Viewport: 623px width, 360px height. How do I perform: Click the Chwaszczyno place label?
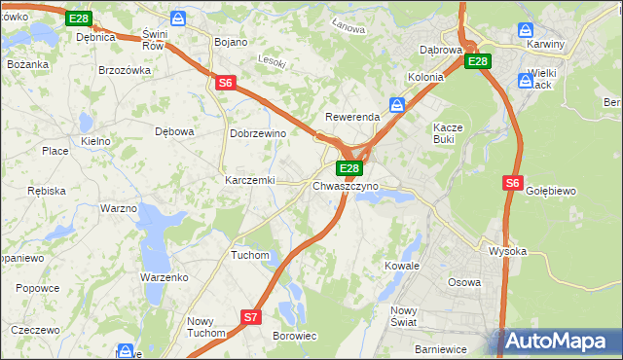(346, 185)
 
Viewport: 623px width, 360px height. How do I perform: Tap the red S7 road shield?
(251, 317)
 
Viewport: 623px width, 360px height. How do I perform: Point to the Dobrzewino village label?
(257, 133)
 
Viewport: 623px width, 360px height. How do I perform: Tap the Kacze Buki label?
(450, 133)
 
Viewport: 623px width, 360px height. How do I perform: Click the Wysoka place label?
(507, 251)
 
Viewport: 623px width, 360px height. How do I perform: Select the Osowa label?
(463, 282)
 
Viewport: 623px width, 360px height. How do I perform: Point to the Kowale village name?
(401, 265)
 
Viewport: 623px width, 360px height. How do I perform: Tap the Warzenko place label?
(164, 277)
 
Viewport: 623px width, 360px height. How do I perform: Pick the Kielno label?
(95, 141)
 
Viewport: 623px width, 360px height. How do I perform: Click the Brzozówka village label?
(126, 70)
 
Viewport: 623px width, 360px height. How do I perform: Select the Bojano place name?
(231, 43)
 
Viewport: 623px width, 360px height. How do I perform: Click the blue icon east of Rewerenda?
(397, 104)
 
